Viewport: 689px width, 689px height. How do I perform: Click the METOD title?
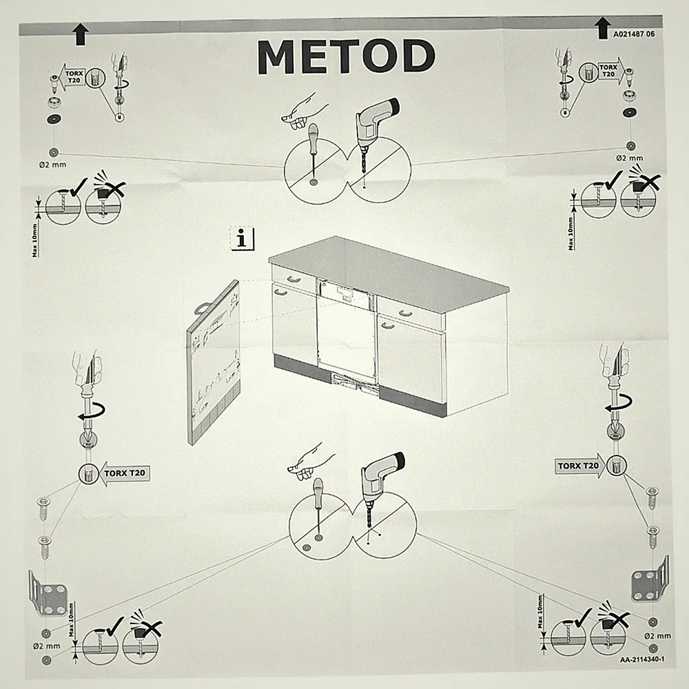pos(347,56)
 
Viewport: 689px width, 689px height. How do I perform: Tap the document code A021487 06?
pos(634,34)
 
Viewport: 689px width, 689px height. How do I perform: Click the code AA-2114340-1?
pos(642,659)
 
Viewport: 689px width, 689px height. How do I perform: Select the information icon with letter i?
pos(242,238)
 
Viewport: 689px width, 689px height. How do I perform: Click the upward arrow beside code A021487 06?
pos(602,28)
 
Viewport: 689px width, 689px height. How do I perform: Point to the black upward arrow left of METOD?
pos(81,34)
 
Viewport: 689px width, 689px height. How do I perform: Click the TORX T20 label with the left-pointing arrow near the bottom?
pos(124,473)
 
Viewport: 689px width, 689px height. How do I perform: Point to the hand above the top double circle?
pos(304,112)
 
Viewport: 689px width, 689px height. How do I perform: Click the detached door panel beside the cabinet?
pos(214,362)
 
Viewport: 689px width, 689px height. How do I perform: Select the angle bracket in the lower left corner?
pos(48,593)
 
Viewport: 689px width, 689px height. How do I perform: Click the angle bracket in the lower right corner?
pos(650,579)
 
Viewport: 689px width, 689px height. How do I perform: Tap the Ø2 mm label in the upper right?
pos(629,158)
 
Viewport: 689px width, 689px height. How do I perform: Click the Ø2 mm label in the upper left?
pos(53,165)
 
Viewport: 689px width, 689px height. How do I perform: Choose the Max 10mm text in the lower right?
pos(540,612)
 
